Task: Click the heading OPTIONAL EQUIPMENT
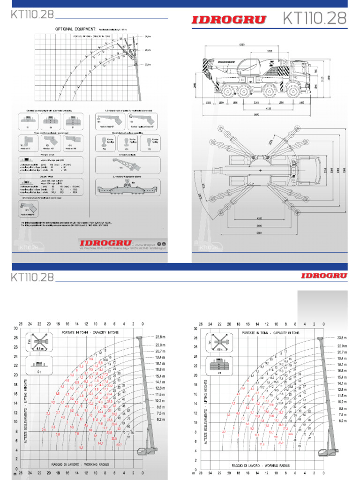coord(76,29)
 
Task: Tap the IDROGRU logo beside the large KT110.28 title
coord(229,20)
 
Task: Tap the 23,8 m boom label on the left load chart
coord(160,337)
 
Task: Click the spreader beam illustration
coord(126,188)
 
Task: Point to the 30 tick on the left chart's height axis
coord(15,329)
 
